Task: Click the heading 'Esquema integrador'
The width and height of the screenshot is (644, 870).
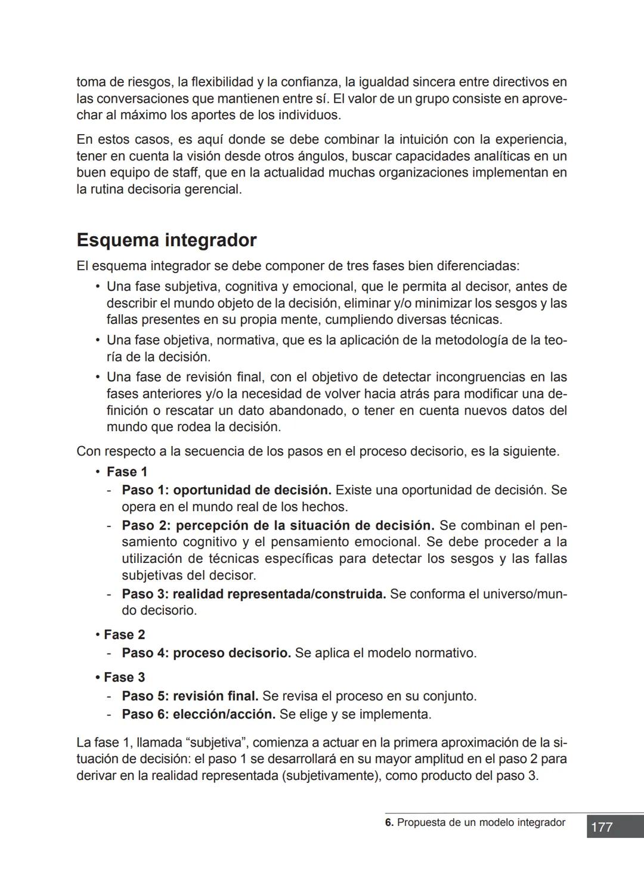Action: click(x=166, y=240)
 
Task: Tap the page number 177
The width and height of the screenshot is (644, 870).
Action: click(x=602, y=827)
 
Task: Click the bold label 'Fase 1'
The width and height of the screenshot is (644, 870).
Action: click(x=126, y=472)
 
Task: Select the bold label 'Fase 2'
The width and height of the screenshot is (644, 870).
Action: click(x=124, y=634)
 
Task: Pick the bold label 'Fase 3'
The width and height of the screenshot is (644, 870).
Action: click(x=124, y=677)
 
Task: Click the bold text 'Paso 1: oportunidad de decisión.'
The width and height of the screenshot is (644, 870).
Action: click(x=227, y=490)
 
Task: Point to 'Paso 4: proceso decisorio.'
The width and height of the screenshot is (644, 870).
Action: click(x=206, y=653)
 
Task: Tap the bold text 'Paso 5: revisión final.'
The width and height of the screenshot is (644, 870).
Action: click(x=190, y=696)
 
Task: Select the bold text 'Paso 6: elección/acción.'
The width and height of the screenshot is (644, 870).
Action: click(x=199, y=714)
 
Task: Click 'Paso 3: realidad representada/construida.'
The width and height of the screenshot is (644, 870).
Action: click(x=254, y=595)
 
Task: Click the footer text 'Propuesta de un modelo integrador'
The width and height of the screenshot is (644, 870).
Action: click(x=481, y=823)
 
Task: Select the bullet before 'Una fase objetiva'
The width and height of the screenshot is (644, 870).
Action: click(x=97, y=340)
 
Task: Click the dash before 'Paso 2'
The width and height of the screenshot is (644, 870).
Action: click(x=109, y=526)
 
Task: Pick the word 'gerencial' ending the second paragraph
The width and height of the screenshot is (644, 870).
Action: click(x=215, y=190)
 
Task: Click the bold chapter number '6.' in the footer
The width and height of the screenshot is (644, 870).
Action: click(x=389, y=823)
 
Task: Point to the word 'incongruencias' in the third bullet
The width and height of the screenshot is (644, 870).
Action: click(x=479, y=377)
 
